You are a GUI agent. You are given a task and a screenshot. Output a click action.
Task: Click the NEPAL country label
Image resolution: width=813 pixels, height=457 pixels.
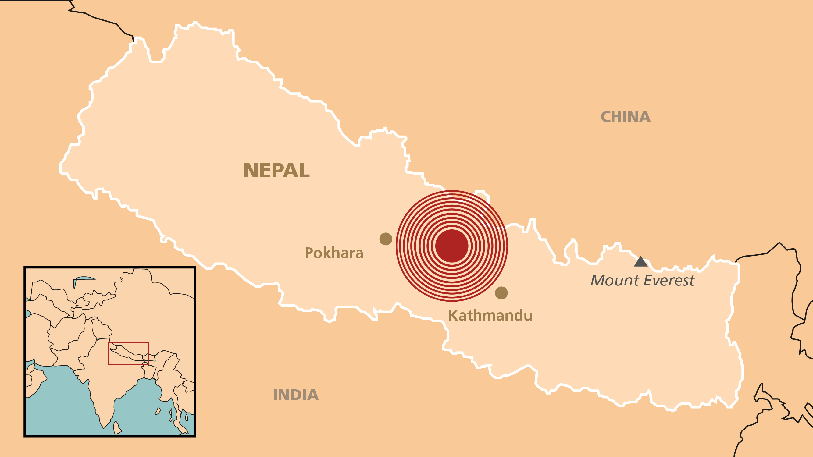(x=276, y=171)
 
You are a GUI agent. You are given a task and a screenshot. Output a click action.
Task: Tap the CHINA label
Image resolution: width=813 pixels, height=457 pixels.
(x=625, y=117)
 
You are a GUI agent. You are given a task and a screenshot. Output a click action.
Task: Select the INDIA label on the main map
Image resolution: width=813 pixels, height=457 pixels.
(x=296, y=395)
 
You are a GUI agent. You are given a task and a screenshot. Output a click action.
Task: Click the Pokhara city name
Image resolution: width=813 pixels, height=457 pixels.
(x=334, y=253)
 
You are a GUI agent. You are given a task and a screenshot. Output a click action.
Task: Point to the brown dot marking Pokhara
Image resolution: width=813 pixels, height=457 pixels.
(x=386, y=239)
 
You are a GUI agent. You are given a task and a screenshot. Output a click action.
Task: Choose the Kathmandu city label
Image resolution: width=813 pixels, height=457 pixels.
(x=490, y=315)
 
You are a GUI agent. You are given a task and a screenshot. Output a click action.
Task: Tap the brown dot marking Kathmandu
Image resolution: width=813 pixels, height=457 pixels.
(x=501, y=293)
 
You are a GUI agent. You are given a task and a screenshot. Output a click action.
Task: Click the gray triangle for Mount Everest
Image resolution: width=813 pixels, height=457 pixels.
(x=641, y=262)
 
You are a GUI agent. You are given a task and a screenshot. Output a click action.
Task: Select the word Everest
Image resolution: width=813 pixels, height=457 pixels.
(x=669, y=280)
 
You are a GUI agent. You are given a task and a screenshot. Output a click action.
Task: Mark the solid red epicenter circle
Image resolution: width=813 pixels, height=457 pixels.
(x=452, y=246)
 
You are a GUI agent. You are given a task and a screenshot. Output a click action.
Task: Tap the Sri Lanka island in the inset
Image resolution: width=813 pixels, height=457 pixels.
(x=117, y=428)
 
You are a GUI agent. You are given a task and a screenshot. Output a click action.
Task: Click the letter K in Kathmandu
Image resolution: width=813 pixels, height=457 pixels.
(x=454, y=315)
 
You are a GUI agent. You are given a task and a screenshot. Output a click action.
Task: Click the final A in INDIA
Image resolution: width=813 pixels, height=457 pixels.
(x=312, y=395)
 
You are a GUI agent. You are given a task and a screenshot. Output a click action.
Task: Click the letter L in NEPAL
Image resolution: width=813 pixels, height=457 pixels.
(x=304, y=171)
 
